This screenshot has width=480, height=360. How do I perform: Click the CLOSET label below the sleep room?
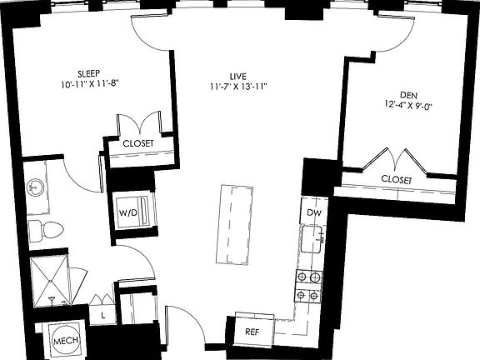click(x=137, y=142)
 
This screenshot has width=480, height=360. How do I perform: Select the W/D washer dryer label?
click(x=128, y=213)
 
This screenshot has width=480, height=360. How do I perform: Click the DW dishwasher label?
click(x=313, y=213)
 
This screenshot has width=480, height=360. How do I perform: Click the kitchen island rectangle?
click(x=236, y=221)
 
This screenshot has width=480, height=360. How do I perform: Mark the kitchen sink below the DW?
click(x=313, y=242)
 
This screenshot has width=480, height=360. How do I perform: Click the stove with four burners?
click(x=308, y=286)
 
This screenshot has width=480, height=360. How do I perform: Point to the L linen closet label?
click(x=102, y=315)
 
